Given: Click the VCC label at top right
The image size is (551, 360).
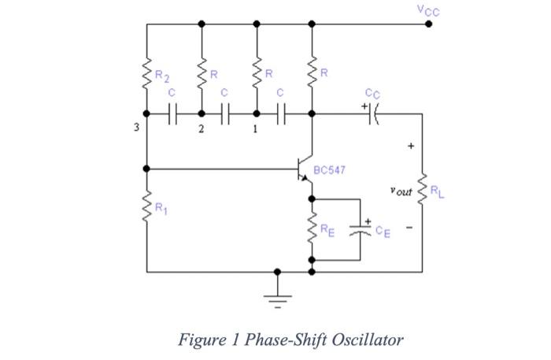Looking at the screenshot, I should coord(429,10).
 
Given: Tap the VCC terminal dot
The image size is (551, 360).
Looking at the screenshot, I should coord(428,24).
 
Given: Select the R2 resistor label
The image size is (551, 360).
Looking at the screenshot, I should coord(161,76).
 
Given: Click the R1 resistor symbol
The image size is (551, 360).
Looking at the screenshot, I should coord(146,209).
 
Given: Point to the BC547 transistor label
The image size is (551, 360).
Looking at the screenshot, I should coord(331,169).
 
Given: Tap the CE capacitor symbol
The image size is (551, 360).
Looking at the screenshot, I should coord(361,230).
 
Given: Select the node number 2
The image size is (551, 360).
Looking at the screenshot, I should coord(201,129).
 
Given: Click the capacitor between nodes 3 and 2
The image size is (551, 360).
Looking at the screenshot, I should coord(174,114).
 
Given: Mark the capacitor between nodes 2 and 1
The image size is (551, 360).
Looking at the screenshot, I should coord(225,114).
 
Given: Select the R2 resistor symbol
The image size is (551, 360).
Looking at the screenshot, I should coord(146,76).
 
